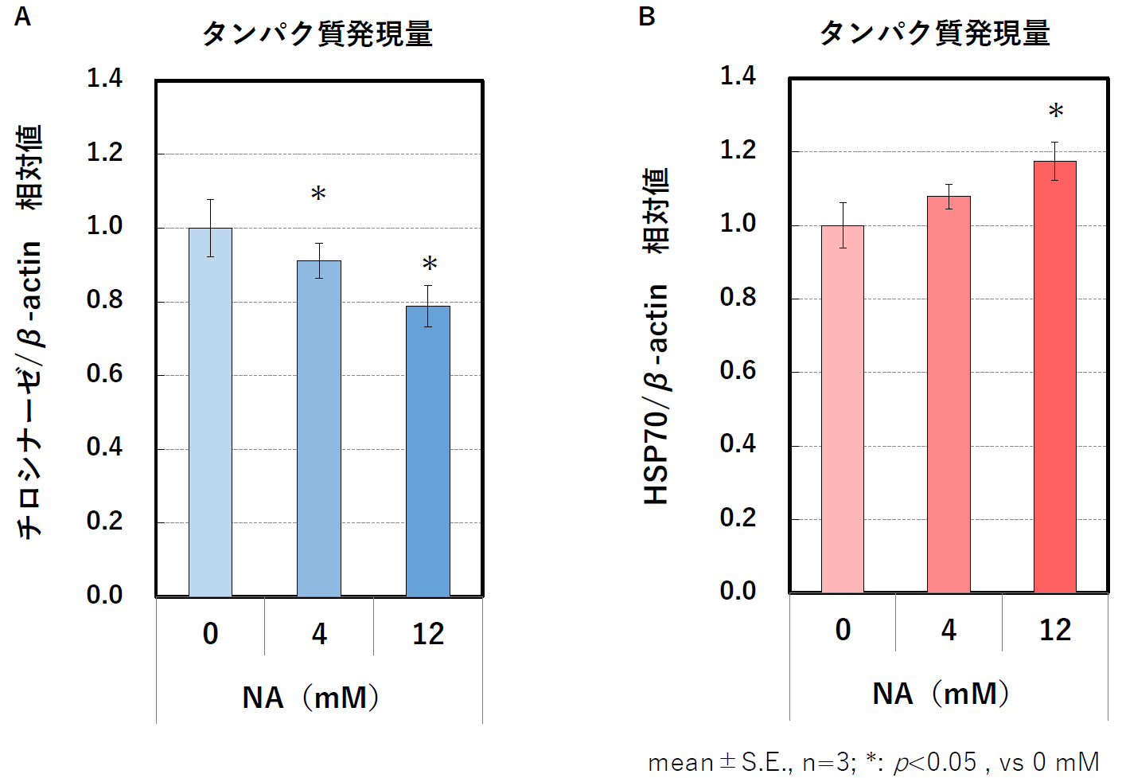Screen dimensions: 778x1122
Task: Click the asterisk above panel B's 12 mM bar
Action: tap(1056, 111)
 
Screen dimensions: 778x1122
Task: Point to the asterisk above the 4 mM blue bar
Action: tap(318, 194)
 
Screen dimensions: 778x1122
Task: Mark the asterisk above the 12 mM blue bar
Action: tap(430, 264)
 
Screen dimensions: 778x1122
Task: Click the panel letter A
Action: tap(22, 17)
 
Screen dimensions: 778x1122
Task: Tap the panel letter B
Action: tap(647, 17)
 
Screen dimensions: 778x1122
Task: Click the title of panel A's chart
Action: tap(318, 34)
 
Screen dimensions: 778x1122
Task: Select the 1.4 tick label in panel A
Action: tap(104, 78)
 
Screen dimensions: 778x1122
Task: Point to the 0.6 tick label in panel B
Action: tap(738, 370)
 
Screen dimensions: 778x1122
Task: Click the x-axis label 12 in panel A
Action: tap(428, 634)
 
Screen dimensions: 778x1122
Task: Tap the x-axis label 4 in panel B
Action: tap(949, 630)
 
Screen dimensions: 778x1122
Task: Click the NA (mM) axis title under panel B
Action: tap(941, 694)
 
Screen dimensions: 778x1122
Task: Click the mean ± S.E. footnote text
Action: tap(873, 762)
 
